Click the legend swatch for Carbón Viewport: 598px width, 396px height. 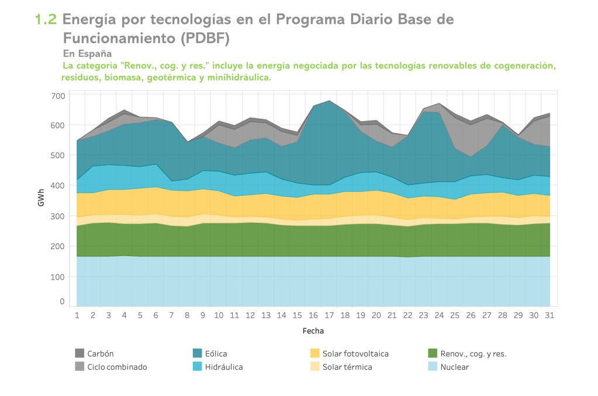[79, 353]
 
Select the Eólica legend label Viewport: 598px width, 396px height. [216, 353]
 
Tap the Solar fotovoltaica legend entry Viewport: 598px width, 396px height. [355, 353]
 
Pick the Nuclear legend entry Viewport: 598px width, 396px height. [454, 367]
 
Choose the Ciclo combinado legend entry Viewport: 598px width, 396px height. [117, 367]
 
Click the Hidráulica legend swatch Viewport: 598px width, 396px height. [198, 367]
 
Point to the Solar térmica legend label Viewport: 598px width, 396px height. [347, 367]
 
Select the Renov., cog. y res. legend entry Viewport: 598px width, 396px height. [473, 353]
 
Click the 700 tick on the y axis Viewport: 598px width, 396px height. [58, 95]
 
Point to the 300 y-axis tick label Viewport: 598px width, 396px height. [58, 216]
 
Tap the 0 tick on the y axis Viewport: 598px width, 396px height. [62, 302]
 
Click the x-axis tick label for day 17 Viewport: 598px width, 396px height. [329, 315]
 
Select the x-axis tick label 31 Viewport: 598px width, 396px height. [549, 315]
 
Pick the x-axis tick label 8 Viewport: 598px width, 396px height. [187, 315]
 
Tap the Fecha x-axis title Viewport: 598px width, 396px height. [313, 330]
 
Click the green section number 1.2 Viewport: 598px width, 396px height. [46, 19]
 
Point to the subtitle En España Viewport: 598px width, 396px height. [87, 53]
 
